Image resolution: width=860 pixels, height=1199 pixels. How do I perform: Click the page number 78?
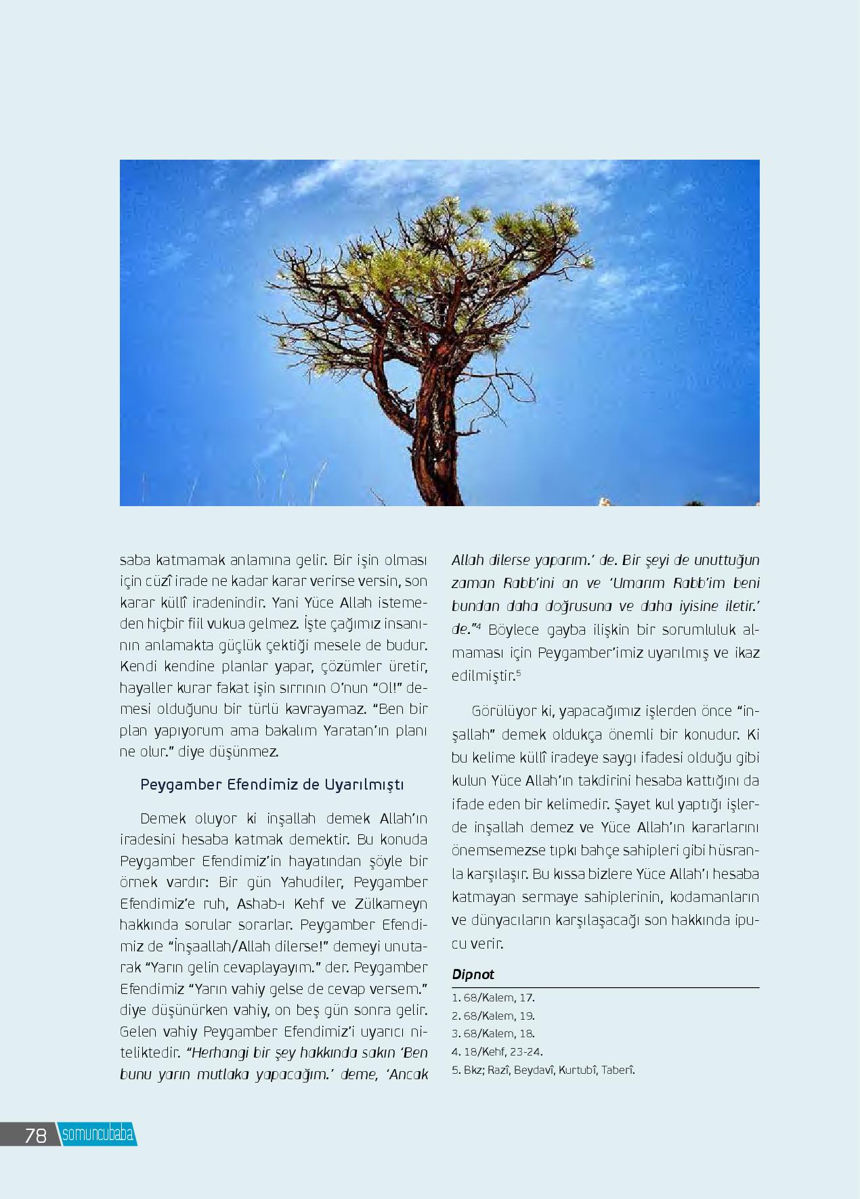tap(35, 1135)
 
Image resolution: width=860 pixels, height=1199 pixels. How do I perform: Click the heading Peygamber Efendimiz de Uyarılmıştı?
tap(272, 784)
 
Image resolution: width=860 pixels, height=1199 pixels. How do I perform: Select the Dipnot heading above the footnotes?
tap(473, 974)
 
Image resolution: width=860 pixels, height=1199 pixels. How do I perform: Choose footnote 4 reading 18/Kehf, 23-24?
tap(497, 1051)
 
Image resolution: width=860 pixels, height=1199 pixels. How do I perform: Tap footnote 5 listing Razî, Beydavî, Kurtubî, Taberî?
tap(543, 1070)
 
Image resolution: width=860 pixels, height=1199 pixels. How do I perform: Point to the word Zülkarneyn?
tap(391, 904)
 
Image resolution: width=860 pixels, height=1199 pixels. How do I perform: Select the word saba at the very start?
tap(135, 560)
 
